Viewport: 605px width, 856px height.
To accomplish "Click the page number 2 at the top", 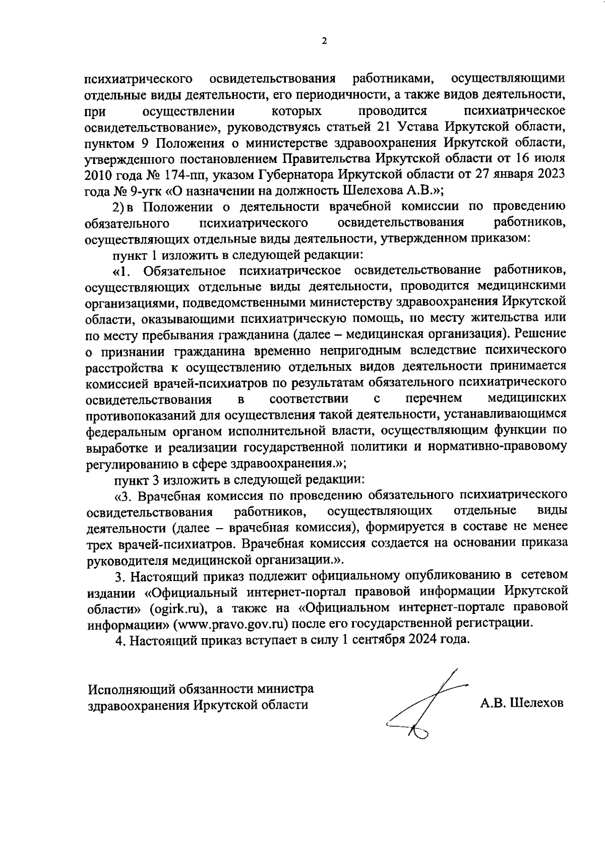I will (x=324, y=41).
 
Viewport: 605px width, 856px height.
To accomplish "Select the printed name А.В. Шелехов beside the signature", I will (x=521, y=703).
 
